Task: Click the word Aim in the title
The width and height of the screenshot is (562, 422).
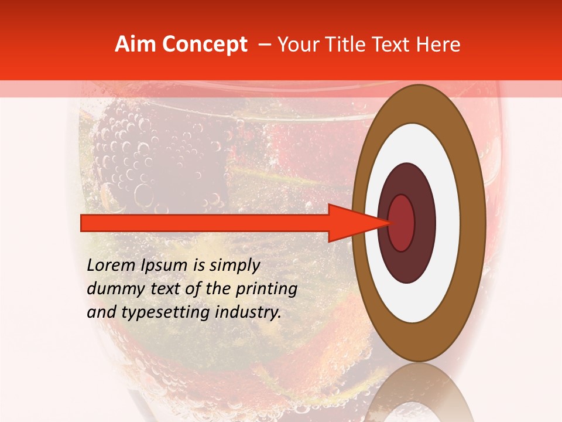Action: [x=136, y=45]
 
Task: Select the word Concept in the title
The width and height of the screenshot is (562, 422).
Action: [x=204, y=45]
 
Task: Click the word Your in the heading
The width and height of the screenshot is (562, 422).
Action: [x=297, y=45]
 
